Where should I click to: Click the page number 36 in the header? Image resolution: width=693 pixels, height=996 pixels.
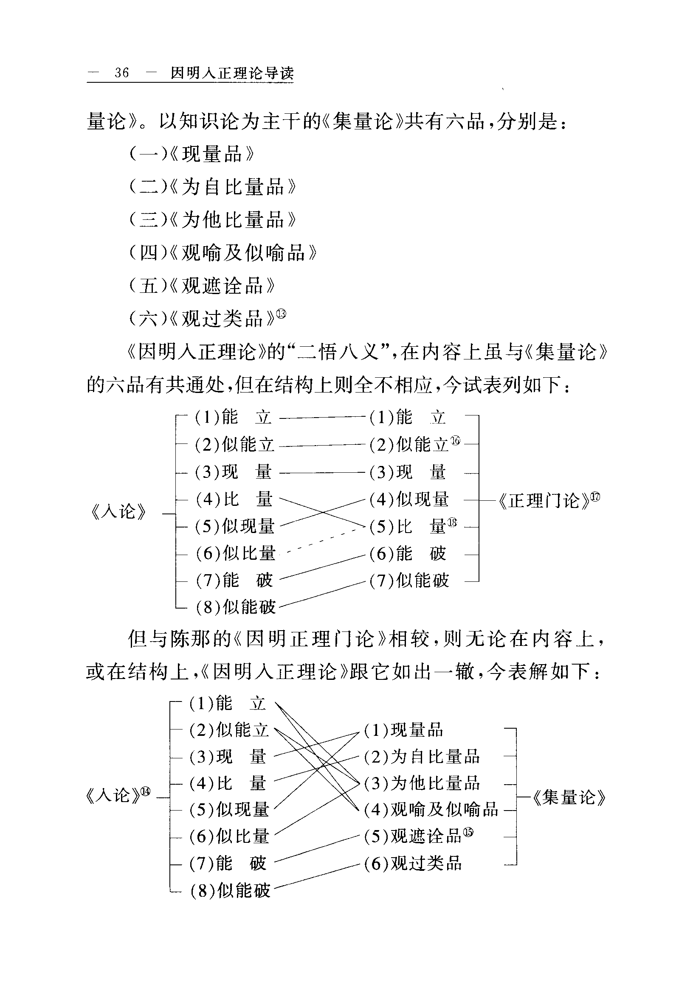pyautogui.click(x=121, y=73)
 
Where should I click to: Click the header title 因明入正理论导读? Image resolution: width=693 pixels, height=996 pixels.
pyautogui.click(x=232, y=73)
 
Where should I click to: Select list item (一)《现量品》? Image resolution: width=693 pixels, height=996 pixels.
pyautogui.click(x=192, y=154)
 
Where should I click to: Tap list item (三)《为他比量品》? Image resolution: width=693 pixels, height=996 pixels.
pyautogui.click(x=213, y=220)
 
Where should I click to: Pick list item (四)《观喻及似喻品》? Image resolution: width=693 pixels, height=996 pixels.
pyautogui.click(x=223, y=253)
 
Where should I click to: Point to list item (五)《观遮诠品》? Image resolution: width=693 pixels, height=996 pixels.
pyautogui.click(x=202, y=286)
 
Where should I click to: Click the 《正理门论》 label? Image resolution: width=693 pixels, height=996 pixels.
pyautogui.click(x=544, y=501)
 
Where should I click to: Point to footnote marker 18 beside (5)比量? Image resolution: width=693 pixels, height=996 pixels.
pyautogui.click(x=452, y=523)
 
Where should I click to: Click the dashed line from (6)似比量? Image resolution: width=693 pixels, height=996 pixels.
pyautogui.click(x=321, y=541)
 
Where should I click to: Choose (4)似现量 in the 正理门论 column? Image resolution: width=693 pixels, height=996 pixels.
pyautogui.click(x=409, y=500)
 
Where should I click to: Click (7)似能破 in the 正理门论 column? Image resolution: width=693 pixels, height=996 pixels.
pyautogui.click(x=409, y=581)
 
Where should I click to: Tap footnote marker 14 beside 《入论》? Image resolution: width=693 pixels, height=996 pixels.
pyautogui.click(x=145, y=791)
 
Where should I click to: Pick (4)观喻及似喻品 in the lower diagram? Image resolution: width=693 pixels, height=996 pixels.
pyautogui.click(x=431, y=809)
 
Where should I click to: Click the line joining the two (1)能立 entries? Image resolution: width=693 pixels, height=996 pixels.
pyautogui.click(x=322, y=417)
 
